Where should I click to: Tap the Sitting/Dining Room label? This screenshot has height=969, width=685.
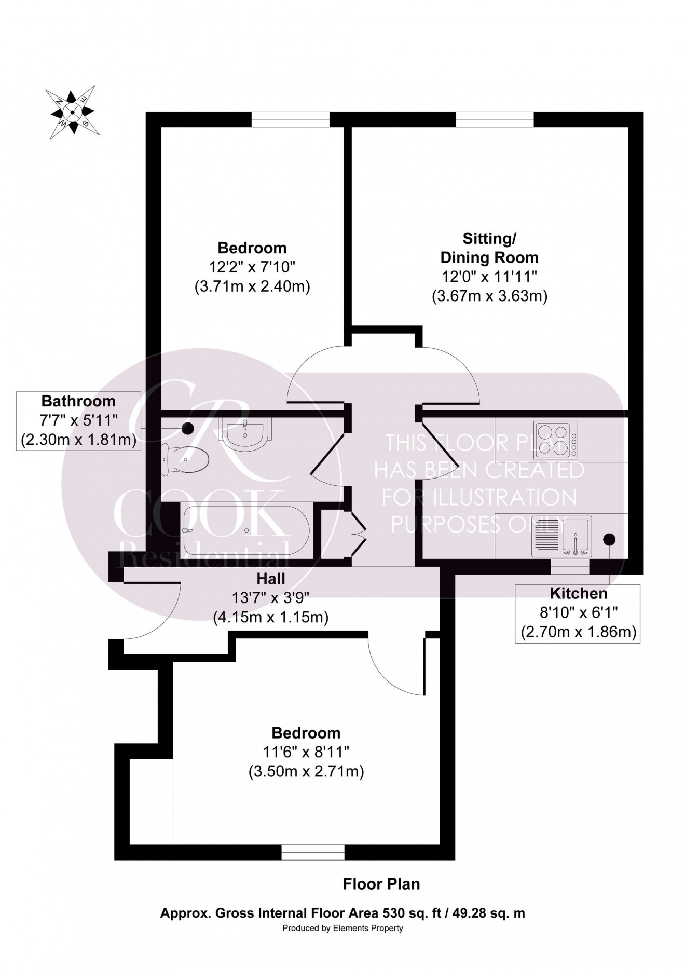pyautogui.click(x=489, y=248)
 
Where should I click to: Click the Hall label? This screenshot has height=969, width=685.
pyautogui.click(x=271, y=578)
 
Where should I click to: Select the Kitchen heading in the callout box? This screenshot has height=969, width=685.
pyautogui.click(x=578, y=593)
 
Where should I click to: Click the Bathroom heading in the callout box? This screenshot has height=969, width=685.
pyautogui.click(x=78, y=401)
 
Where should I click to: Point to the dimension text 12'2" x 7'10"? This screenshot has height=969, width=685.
pyautogui.click(x=252, y=267)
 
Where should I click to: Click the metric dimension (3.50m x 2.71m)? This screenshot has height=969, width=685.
pyautogui.click(x=306, y=771)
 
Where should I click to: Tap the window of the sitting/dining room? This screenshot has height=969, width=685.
pyautogui.click(x=495, y=119)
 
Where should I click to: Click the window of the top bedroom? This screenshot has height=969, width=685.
pyautogui.click(x=291, y=119)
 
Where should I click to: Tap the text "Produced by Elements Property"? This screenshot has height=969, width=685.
pyautogui.click(x=342, y=928)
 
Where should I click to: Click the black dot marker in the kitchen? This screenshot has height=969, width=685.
pyautogui.click(x=609, y=539)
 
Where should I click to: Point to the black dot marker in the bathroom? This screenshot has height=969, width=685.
pyautogui.click(x=187, y=429)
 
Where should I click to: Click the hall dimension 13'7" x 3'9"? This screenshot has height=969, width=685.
pyautogui.click(x=271, y=598)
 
